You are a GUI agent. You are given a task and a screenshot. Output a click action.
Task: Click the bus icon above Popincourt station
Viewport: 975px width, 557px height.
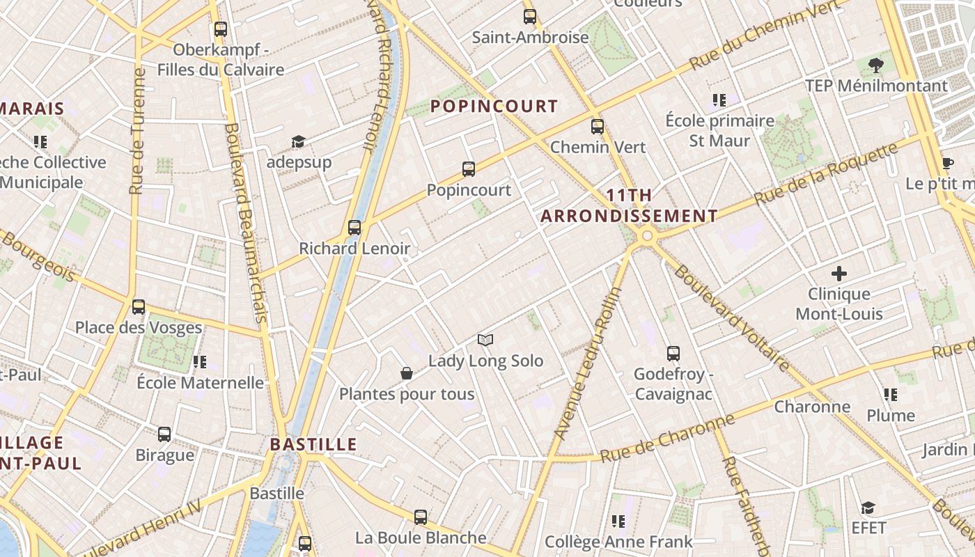click(469, 168)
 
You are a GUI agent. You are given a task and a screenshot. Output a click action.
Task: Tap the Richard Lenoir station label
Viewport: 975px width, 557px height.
click(354, 249)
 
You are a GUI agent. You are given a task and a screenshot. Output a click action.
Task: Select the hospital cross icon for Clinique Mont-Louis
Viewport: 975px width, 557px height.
click(839, 273)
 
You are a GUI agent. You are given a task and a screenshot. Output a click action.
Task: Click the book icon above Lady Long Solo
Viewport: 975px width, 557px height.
click(485, 340)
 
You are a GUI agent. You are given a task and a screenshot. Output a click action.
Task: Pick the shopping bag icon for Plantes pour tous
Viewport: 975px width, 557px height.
click(407, 374)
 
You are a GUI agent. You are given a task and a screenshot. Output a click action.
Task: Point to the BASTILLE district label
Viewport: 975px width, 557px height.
click(313, 444)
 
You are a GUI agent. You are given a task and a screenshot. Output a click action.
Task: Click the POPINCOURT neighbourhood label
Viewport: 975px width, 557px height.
click(494, 106)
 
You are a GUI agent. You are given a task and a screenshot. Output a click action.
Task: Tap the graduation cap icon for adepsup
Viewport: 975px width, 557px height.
click(298, 142)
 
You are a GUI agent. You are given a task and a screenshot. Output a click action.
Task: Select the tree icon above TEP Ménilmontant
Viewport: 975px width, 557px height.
click(876, 66)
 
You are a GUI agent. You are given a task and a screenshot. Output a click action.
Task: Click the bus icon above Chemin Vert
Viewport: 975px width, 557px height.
click(598, 127)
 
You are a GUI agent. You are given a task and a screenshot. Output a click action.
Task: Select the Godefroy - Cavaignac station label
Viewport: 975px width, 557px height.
click(673, 384)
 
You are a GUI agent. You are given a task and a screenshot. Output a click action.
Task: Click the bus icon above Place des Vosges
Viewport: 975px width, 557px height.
click(139, 307)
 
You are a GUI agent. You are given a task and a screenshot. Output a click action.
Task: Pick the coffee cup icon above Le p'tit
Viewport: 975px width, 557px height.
click(947, 164)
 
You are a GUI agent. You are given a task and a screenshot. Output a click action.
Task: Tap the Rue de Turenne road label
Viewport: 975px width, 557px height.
click(137, 131)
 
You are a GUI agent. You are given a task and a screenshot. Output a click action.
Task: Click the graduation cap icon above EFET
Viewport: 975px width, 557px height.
click(868, 508)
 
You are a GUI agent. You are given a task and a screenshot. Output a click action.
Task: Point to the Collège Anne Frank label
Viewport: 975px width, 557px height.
click(618, 541)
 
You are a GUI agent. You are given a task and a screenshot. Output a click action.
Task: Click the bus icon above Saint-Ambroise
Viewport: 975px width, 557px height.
click(530, 17)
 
